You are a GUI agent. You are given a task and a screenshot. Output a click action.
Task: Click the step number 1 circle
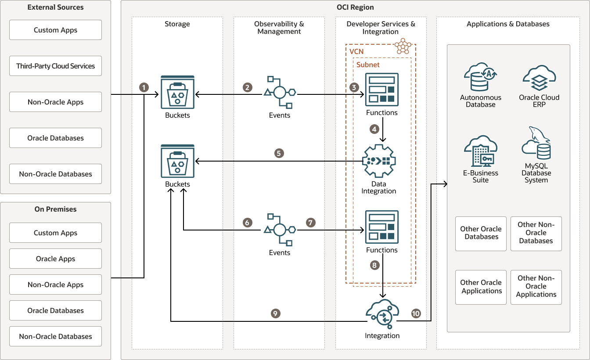click(x=144, y=87)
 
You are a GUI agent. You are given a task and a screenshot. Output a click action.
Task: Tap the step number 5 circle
click(x=279, y=153)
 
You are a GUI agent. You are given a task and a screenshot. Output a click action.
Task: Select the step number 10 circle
click(x=416, y=313)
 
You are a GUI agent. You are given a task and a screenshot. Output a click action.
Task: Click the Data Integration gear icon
click(x=379, y=161)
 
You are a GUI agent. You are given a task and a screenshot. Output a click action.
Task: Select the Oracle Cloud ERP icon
click(x=539, y=79)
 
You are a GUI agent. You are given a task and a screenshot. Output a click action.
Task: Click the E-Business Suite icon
click(x=480, y=151)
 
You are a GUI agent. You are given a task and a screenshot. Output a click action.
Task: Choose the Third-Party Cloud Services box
click(x=56, y=66)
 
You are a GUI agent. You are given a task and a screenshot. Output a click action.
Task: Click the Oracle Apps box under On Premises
click(x=56, y=259)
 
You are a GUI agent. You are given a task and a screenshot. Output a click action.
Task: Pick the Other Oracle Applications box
click(x=481, y=287)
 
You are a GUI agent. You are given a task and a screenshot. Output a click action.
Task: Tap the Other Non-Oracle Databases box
click(x=536, y=233)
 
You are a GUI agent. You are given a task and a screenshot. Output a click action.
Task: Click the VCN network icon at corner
click(x=403, y=46)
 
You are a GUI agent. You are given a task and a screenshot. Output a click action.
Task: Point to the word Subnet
click(x=368, y=65)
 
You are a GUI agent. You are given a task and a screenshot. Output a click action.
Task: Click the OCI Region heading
click(x=356, y=7)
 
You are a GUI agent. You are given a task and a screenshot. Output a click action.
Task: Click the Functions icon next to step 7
click(x=382, y=227)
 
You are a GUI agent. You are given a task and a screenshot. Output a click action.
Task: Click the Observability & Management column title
click(x=279, y=28)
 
